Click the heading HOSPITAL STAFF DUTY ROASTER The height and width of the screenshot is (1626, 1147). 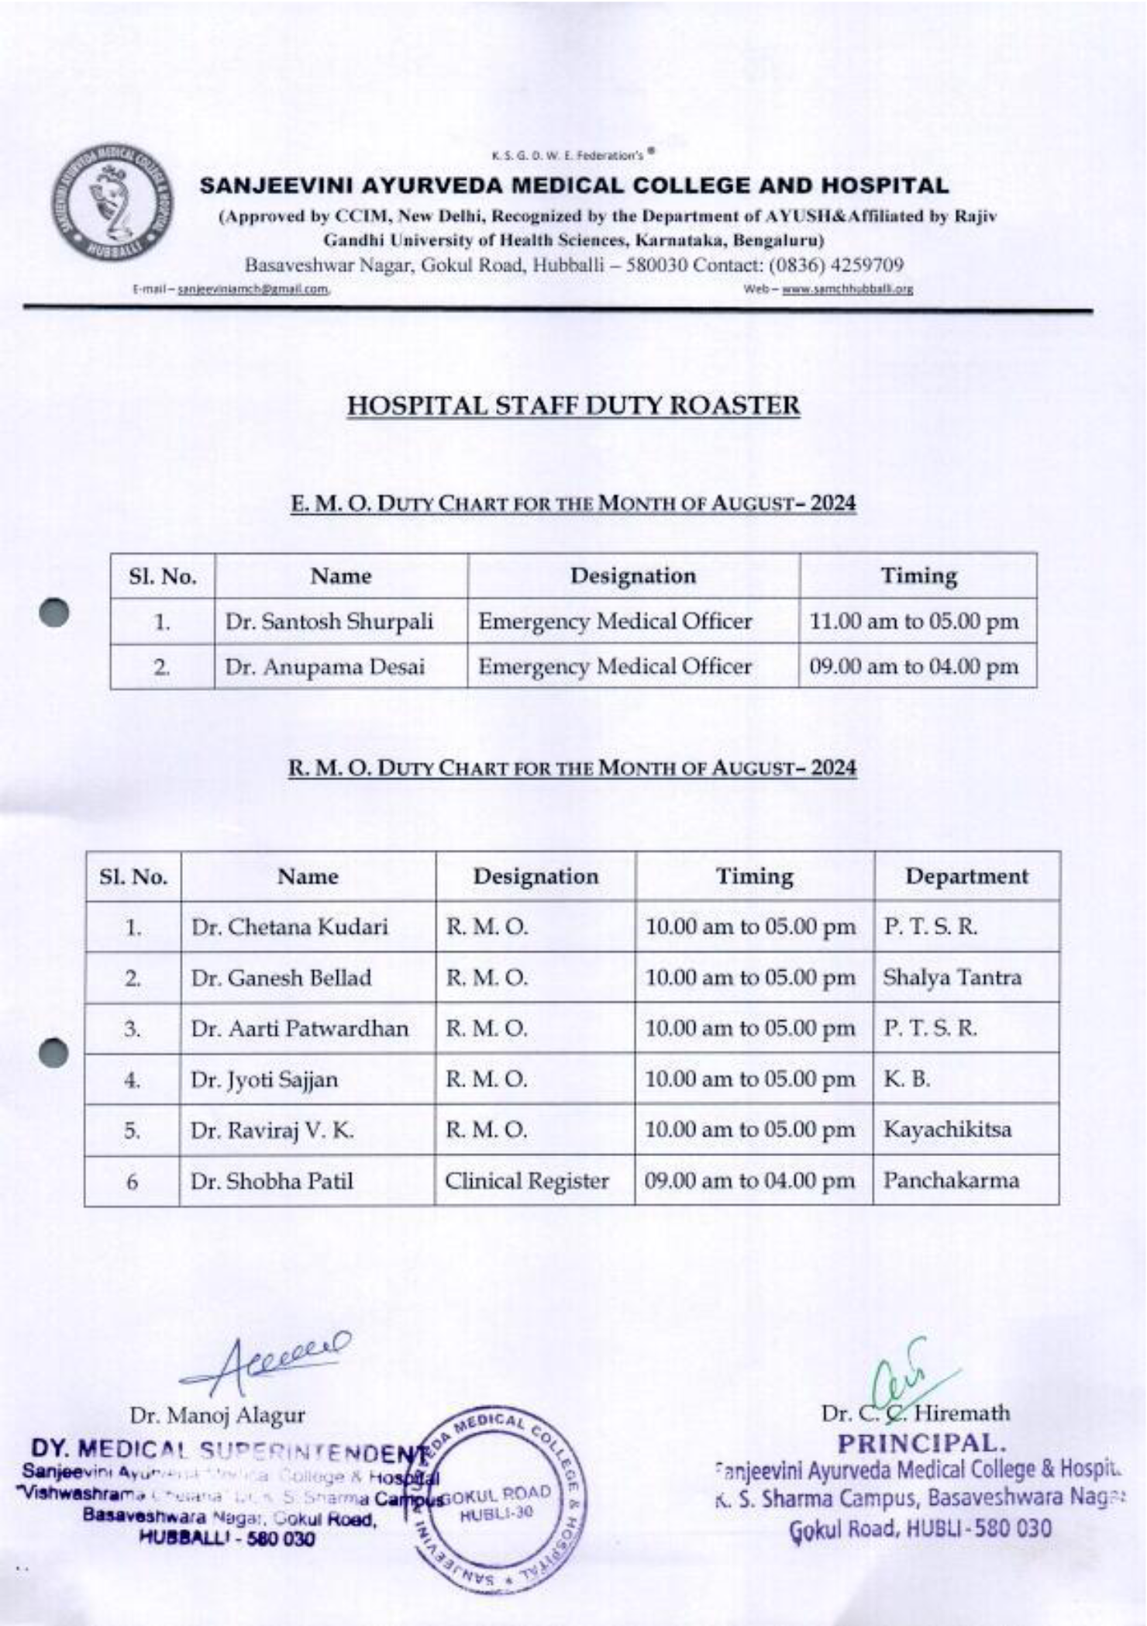pos(573,406)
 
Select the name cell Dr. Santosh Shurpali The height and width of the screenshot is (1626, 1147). pos(329,621)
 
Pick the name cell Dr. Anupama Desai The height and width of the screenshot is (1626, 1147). pos(325,667)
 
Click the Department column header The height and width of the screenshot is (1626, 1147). pos(966,876)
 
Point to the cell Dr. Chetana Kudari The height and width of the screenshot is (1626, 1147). pos(289,927)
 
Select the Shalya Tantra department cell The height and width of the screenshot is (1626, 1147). pos(952,977)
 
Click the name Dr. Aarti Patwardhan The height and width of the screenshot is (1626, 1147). pos(299,1028)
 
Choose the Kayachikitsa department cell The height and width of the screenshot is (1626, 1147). pos(947,1129)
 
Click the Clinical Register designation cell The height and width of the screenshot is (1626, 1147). pos(526,1181)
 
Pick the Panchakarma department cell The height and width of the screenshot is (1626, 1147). pos(951,1180)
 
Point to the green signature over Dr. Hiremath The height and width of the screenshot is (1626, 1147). pos(907,1380)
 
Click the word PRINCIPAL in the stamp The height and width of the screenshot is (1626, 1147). pos(920,1443)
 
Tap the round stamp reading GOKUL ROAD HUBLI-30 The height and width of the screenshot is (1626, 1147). pos(496,1504)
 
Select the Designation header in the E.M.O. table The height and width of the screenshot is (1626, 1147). pos(632,576)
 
